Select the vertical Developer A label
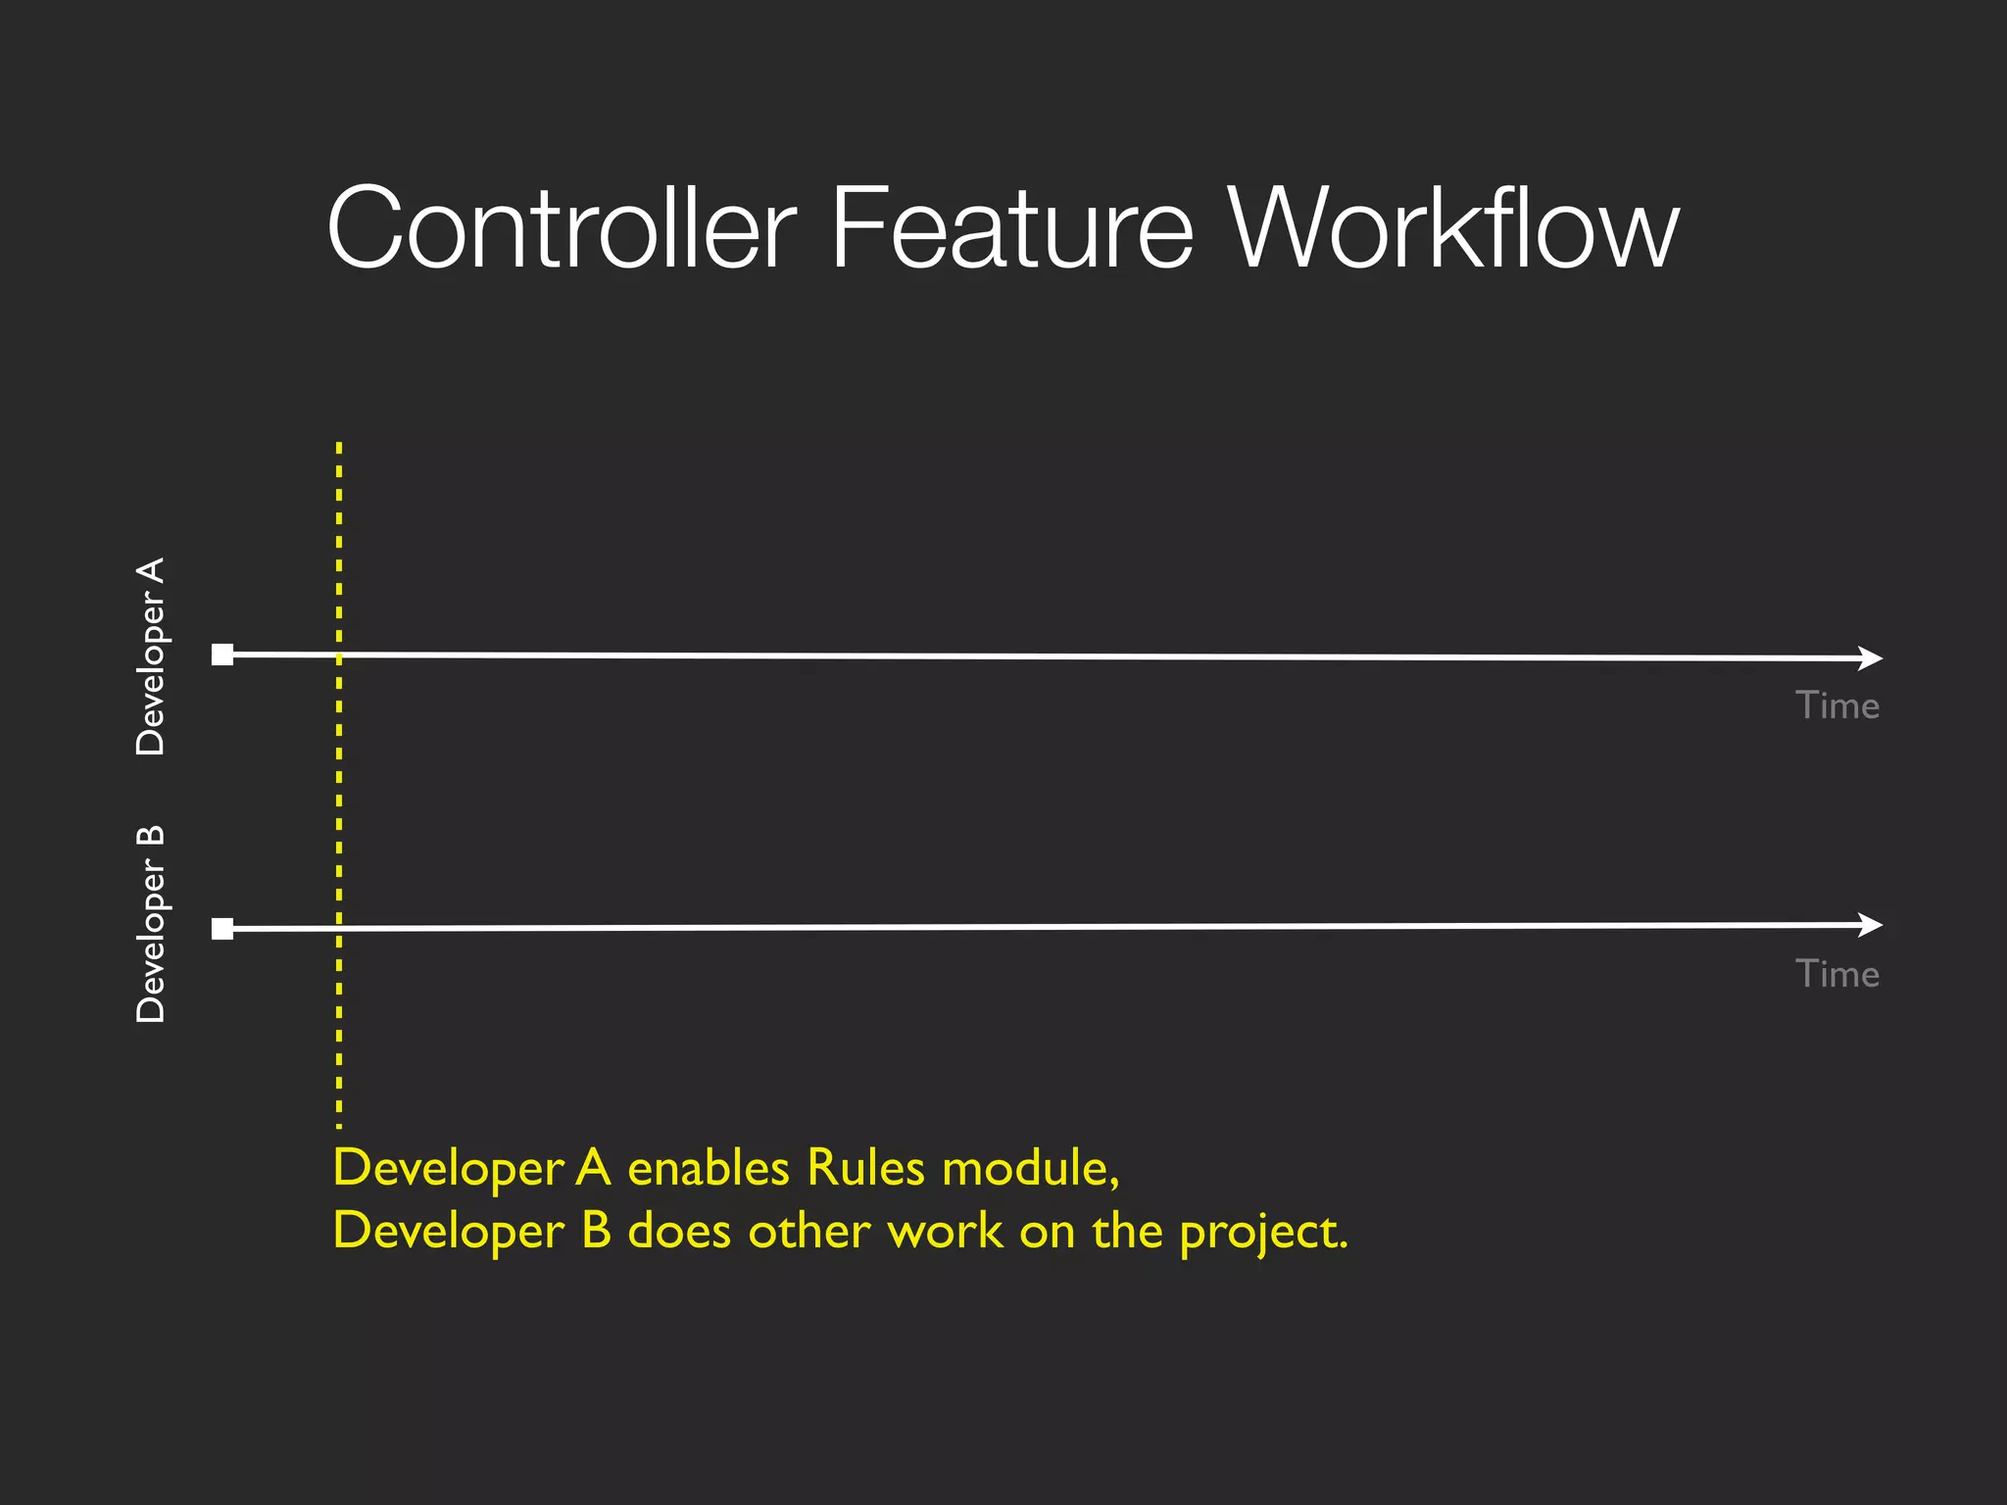pyautogui.click(x=151, y=655)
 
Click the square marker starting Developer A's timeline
pyautogui.click(x=222, y=655)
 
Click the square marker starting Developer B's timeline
pyautogui.click(x=222, y=928)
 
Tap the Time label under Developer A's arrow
pyautogui.click(x=1836, y=705)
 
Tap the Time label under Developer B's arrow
pyautogui.click(x=1836, y=974)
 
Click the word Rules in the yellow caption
pyautogui.click(x=865, y=1167)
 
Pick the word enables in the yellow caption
pyautogui.click(x=709, y=1167)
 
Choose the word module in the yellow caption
pyautogui.click(x=1029, y=1169)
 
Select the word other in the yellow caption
pyautogui.click(x=809, y=1231)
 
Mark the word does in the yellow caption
pyautogui.click(x=679, y=1231)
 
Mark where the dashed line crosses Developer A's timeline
pyautogui.click(x=339, y=655)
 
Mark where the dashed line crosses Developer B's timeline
pyautogui.click(x=339, y=927)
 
